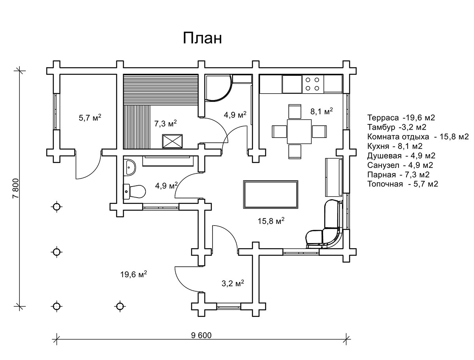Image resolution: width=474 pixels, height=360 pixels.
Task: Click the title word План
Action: click(202, 38)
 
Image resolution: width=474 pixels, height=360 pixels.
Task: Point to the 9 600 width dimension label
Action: click(201, 335)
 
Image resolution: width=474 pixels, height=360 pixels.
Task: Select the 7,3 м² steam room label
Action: click(166, 124)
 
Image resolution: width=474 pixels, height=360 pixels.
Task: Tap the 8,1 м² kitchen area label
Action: click(322, 112)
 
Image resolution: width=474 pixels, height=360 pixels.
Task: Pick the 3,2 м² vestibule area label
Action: click(232, 283)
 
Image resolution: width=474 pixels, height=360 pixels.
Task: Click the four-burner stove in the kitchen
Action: click(312, 84)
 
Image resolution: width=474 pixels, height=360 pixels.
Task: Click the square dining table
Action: click(299, 131)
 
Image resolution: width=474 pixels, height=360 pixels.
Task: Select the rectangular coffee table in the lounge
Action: click(271, 194)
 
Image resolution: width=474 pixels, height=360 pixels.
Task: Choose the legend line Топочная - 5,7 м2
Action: click(403, 184)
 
